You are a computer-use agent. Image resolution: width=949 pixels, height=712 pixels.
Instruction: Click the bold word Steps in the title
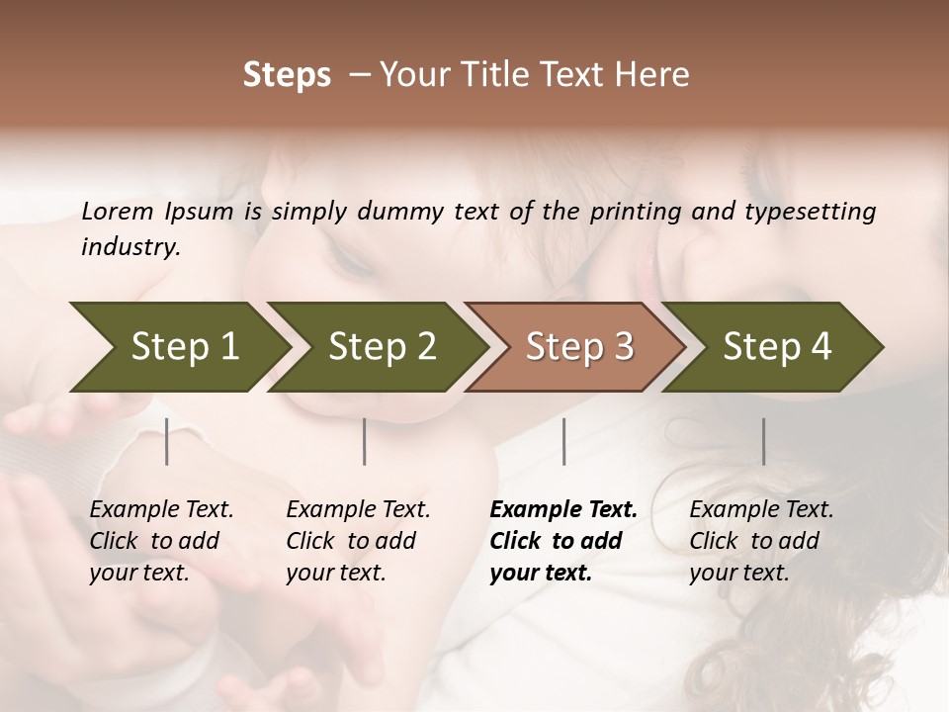[x=287, y=75]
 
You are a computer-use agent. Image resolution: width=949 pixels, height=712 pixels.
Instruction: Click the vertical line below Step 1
[x=167, y=441]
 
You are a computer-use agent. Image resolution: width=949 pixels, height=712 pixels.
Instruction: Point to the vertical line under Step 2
[x=365, y=441]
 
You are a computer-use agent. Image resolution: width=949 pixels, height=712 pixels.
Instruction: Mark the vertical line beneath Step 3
[x=564, y=441]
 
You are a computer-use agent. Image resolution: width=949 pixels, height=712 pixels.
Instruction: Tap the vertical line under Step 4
[x=763, y=441]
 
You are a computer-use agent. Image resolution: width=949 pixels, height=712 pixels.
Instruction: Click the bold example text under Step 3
[x=562, y=541]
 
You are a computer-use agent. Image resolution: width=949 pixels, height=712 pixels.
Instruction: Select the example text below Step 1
[x=161, y=541]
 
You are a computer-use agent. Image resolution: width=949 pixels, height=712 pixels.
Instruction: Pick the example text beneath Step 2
[x=358, y=541]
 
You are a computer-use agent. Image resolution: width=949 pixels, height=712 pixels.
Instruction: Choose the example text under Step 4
[x=760, y=541]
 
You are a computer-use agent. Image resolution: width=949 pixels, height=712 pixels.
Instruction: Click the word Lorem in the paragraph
[x=118, y=212]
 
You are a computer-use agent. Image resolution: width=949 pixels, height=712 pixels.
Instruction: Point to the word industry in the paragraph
[x=129, y=247]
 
